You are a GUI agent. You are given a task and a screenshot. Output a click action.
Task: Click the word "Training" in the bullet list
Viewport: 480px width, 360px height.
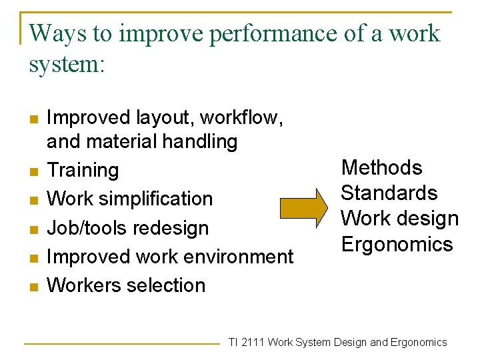(x=83, y=170)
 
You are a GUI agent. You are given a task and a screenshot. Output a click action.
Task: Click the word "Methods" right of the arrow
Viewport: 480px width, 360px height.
(x=381, y=167)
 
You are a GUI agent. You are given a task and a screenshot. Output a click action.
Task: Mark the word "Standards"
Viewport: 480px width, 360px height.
(x=389, y=193)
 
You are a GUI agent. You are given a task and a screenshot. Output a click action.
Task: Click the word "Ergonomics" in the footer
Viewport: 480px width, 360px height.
(x=419, y=343)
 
